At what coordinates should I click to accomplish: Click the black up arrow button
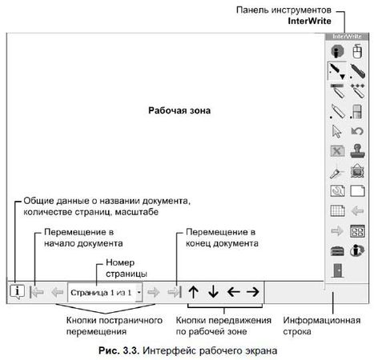(194, 291)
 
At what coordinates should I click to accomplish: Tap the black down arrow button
(213, 291)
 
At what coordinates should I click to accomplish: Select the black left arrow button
(233, 291)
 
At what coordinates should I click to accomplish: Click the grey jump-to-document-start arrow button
(37, 292)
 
